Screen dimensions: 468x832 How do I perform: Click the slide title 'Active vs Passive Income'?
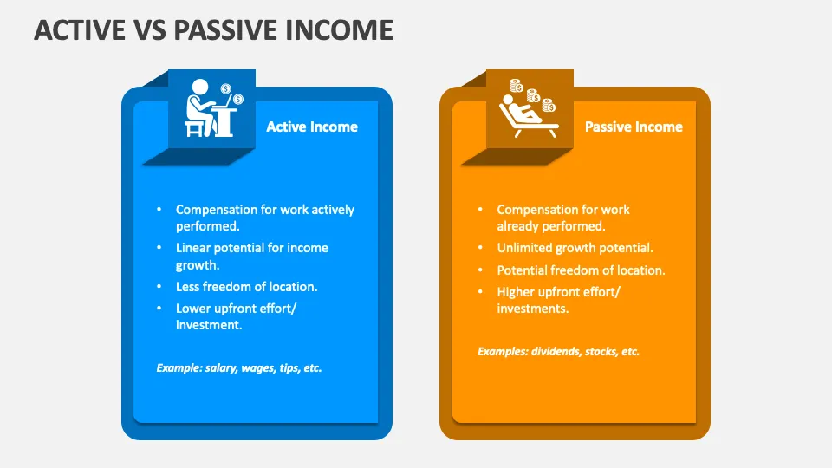(213, 29)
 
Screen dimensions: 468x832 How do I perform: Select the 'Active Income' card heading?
(311, 127)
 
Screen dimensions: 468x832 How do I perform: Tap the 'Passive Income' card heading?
(634, 127)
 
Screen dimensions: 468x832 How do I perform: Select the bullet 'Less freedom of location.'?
(245, 286)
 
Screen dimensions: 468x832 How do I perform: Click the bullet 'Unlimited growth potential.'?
(575, 248)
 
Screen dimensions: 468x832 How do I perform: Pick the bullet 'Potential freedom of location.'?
(581, 270)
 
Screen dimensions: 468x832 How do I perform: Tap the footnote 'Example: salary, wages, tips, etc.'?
(239, 368)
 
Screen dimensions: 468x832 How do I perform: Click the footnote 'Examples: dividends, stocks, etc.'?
(558, 352)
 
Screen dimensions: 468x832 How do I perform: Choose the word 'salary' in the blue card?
(221, 368)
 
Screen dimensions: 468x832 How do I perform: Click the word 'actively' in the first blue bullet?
(332, 210)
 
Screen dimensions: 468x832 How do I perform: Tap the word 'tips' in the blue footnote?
(289, 368)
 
